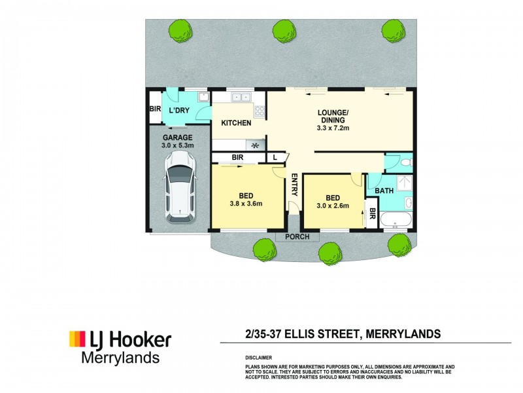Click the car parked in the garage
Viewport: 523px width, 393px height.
click(x=180, y=187)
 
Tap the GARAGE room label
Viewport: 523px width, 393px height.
click(x=177, y=138)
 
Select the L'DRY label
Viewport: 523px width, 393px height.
click(x=179, y=110)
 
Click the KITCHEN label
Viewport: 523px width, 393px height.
click(x=236, y=123)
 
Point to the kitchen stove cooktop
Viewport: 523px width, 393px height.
click(x=260, y=111)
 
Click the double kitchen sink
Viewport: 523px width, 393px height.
click(x=241, y=97)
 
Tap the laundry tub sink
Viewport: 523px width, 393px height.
click(x=203, y=97)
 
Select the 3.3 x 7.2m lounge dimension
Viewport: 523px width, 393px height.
click(x=333, y=128)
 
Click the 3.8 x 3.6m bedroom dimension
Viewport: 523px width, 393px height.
click(x=246, y=203)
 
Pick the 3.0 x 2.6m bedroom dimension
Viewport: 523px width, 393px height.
click(x=333, y=206)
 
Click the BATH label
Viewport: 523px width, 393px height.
click(x=384, y=191)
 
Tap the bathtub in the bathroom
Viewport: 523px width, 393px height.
click(x=396, y=220)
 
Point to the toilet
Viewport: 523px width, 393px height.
click(x=407, y=162)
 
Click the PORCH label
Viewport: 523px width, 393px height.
click(x=297, y=236)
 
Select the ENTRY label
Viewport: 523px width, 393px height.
click(x=295, y=185)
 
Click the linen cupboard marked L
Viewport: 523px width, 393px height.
click(x=275, y=157)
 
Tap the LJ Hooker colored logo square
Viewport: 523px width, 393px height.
click(x=77, y=339)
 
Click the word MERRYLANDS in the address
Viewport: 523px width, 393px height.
click(x=403, y=334)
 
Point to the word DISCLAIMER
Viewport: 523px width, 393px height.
click(x=258, y=358)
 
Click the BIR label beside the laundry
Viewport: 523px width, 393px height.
click(x=155, y=109)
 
